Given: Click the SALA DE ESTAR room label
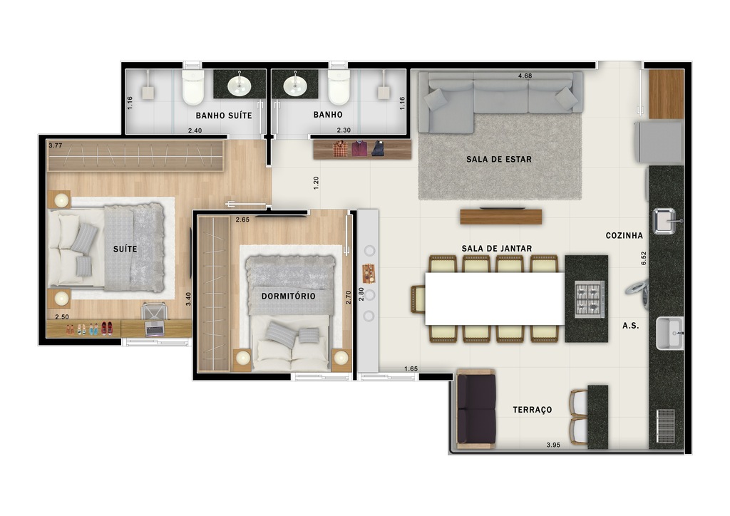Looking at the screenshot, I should [x=499, y=160].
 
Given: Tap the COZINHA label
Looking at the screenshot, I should [x=624, y=236].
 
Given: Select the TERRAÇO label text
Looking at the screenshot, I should [x=533, y=411].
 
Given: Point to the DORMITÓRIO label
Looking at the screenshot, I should [x=288, y=295].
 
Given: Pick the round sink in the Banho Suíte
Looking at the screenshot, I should [x=239, y=86].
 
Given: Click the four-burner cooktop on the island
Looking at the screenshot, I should [x=590, y=299].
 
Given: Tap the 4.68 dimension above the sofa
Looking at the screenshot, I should [x=525, y=76].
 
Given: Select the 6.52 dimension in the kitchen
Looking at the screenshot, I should [x=644, y=258].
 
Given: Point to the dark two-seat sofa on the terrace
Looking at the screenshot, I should [x=476, y=410].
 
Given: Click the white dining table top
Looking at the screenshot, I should [x=495, y=298].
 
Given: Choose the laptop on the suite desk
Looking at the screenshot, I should [x=155, y=327].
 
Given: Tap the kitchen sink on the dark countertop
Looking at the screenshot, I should [x=664, y=221].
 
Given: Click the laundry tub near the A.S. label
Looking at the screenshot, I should [x=669, y=334].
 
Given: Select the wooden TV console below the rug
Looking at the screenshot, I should [x=500, y=216].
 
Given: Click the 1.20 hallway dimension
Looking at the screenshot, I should [x=317, y=182].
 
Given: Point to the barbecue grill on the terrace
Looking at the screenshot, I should [x=666, y=425].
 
